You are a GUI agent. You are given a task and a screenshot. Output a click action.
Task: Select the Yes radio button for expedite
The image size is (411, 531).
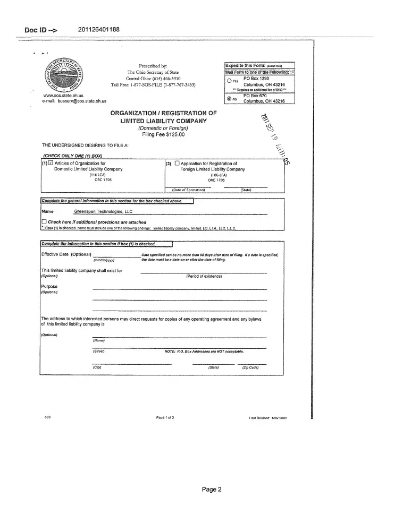[229, 81]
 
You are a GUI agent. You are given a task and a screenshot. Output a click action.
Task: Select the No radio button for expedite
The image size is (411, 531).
[229, 98]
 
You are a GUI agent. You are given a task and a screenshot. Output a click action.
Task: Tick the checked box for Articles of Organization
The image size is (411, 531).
[51, 163]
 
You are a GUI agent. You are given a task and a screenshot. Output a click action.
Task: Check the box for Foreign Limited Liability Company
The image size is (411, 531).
[177, 163]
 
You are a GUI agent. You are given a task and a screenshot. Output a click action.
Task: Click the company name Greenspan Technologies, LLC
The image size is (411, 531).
[103, 211]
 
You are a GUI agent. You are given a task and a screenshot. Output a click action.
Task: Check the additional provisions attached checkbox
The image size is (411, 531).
[44, 222]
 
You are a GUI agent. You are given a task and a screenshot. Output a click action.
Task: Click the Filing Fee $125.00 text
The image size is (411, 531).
[163, 134]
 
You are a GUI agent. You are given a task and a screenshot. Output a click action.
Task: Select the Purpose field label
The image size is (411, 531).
[49, 287]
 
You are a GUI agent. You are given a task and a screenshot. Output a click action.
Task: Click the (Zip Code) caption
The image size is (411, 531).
[250, 367]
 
